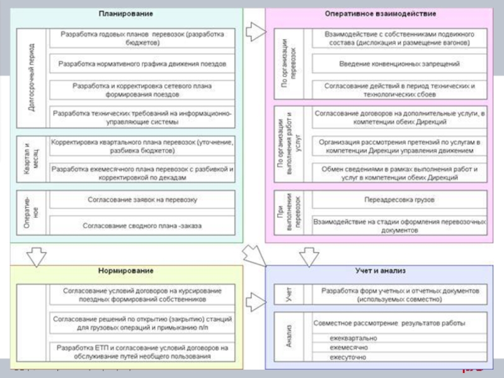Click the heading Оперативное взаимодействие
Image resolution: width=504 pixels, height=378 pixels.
380,13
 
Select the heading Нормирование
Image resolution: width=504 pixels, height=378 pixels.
125,271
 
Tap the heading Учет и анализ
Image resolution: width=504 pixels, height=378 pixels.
380,271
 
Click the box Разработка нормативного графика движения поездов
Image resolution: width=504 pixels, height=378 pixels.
142,64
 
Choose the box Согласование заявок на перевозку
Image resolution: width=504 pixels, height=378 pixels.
142,200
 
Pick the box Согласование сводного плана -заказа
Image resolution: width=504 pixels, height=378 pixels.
142,225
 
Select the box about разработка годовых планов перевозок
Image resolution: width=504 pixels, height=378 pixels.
142,38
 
